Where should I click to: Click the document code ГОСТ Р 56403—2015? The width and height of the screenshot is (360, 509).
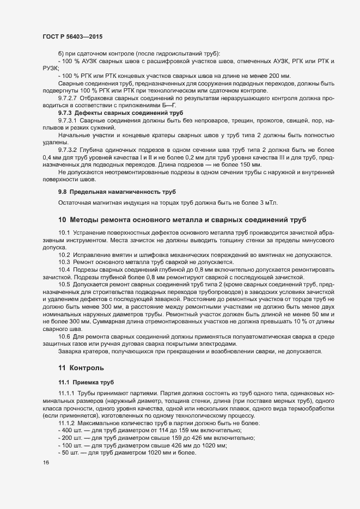coord(72,36)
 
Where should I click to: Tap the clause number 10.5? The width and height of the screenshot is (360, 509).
coord(64,284)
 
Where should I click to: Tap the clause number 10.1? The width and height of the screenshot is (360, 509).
coord(64,233)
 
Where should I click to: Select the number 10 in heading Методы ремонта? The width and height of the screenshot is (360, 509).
coord(62,220)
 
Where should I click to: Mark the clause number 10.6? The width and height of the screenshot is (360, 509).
coord(64,336)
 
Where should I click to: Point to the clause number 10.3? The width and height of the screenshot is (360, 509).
coord(64,262)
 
